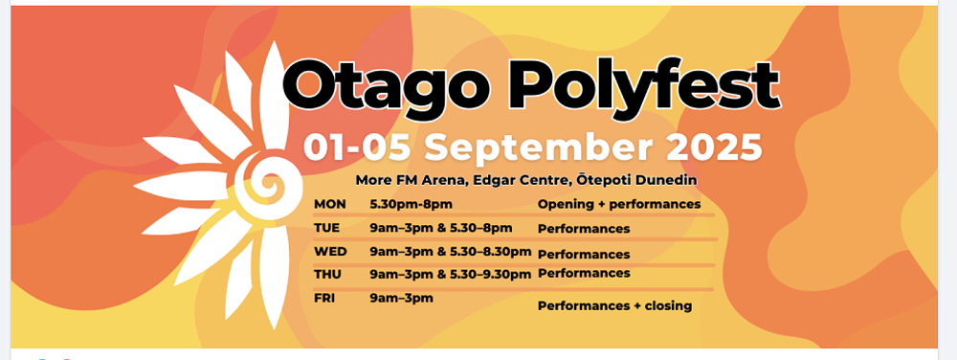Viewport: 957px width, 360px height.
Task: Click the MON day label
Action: click(x=329, y=204)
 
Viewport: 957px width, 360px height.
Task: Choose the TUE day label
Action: click(x=326, y=228)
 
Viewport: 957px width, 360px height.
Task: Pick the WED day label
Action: click(x=330, y=252)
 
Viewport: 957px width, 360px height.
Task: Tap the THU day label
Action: click(x=327, y=275)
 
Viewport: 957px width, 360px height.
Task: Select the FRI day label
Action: click(x=324, y=299)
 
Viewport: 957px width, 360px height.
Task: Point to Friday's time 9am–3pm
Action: click(x=401, y=299)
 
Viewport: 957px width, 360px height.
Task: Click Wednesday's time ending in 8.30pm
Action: click(x=451, y=252)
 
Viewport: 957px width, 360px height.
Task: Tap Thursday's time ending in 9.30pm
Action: click(x=451, y=275)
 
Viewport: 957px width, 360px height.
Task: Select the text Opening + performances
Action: click(x=619, y=204)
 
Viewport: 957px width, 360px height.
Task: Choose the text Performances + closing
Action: click(x=614, y=305)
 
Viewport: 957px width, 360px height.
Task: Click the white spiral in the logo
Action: click(x=267, y=182)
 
